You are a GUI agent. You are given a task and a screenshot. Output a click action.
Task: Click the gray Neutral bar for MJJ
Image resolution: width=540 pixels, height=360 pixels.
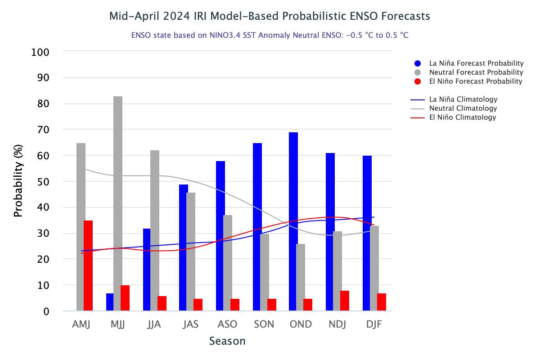click(118, 202)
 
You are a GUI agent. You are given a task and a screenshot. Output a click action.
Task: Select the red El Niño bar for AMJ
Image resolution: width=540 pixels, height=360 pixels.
click(88, 265)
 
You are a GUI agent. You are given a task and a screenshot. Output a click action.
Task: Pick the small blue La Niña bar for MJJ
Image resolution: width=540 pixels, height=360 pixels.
click(110, 302)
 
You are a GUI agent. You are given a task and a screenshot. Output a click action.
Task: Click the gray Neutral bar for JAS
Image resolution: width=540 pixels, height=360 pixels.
click(191, 252)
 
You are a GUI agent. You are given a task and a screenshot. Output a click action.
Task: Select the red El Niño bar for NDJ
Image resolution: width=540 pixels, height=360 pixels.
click(345, 301)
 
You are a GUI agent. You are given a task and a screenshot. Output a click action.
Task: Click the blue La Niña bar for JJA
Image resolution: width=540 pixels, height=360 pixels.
click(147, 270)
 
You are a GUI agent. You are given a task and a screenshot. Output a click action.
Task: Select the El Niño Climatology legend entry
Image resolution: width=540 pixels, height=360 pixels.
click(462, 117)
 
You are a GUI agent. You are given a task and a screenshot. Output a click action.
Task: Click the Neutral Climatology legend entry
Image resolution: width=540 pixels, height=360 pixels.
click(463, 108)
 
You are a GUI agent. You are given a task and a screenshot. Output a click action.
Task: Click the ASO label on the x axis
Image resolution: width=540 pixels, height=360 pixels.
click(227, 324)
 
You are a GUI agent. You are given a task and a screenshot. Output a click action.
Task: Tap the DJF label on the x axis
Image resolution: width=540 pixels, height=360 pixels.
click(373, 324)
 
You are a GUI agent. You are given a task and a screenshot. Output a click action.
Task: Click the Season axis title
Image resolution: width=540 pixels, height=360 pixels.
click(227, 341)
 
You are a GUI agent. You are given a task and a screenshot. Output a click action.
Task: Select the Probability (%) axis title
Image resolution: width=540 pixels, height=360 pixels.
click(18, 181)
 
